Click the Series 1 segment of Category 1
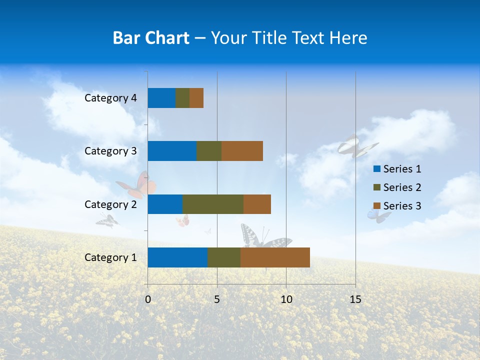pos(177,257)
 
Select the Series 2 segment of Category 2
pos(213,204)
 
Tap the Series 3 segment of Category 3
pos(242,151)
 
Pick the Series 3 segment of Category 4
pos(196,98)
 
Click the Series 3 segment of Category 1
pos(275,257)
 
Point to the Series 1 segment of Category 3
pos(172,151)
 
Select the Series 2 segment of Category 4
pos(182,98)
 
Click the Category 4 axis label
pos(110,98)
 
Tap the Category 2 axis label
pos(110,204)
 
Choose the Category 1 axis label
pos(110,257)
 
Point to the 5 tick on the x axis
pos(217,299)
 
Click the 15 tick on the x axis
pos(355,299)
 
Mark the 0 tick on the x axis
pos(148,299)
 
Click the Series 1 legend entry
pos(397,169)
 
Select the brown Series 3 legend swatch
pos(376,205)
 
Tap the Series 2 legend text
pos(402,187)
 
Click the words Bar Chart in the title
pos(151,38)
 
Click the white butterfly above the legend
pos(356,146)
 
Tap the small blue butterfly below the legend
pos(378,215)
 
